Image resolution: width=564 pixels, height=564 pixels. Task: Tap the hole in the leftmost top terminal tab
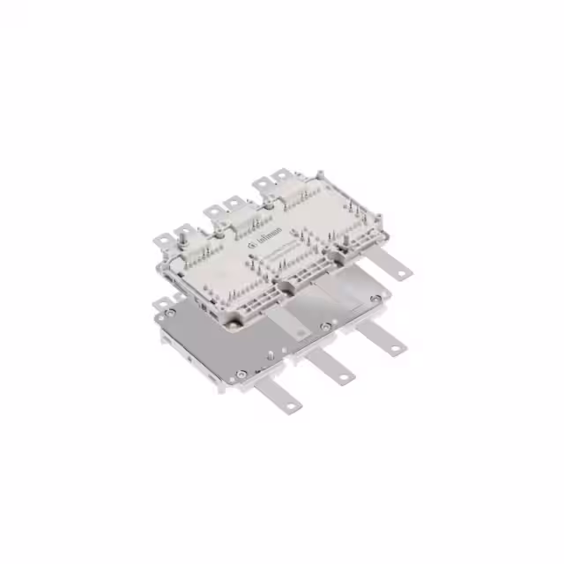click(164, 239)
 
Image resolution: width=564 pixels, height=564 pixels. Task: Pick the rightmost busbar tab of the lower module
click(389, 345)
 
